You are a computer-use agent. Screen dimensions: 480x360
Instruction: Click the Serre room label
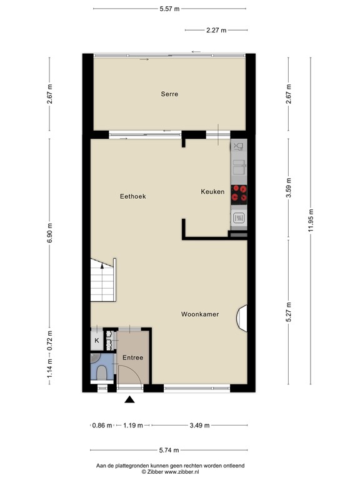click(169, 94)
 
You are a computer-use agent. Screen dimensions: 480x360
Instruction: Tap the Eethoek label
click(132, 196)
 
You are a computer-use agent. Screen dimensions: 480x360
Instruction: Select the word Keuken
click(212, 192)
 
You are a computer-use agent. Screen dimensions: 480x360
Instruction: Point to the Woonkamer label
click(200, 314)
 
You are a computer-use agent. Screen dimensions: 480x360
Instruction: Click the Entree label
click(132, 358)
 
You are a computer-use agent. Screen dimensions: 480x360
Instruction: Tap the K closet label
click(97, 341)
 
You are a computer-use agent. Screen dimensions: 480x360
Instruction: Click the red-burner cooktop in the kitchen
click(238, 194)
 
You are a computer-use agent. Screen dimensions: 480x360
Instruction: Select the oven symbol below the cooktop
click(238, 218)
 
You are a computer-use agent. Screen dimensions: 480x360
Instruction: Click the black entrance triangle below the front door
click(130, 401)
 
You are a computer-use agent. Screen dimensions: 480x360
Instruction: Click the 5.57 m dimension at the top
click(169, 8)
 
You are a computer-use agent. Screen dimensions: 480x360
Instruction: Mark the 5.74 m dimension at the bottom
click(169, 450)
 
